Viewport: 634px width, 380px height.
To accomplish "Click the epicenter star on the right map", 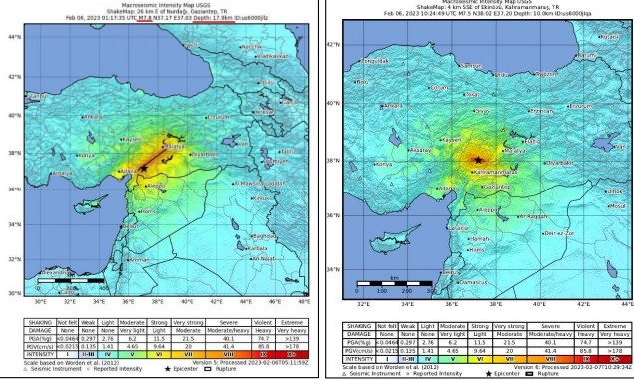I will [479, 160].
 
